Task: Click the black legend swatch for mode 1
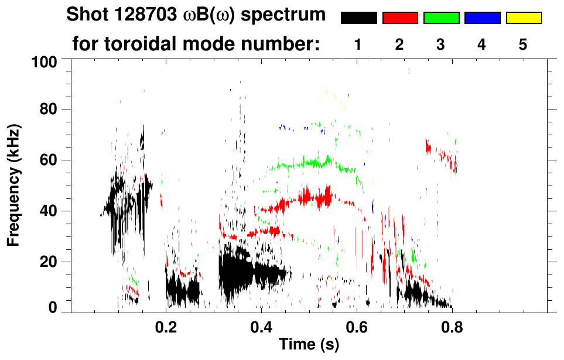click(x=358, y=18)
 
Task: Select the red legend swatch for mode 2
click(x=400, y=18)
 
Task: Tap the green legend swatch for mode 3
click(x=441, y=18)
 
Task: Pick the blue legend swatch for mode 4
click(x=482, y=18)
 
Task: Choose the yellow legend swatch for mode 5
click(x=524, y=18)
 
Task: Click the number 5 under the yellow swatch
click(x=523, y=44)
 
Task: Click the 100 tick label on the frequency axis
click(x=44, y=61)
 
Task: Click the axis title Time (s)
click(x=309, y=345)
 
